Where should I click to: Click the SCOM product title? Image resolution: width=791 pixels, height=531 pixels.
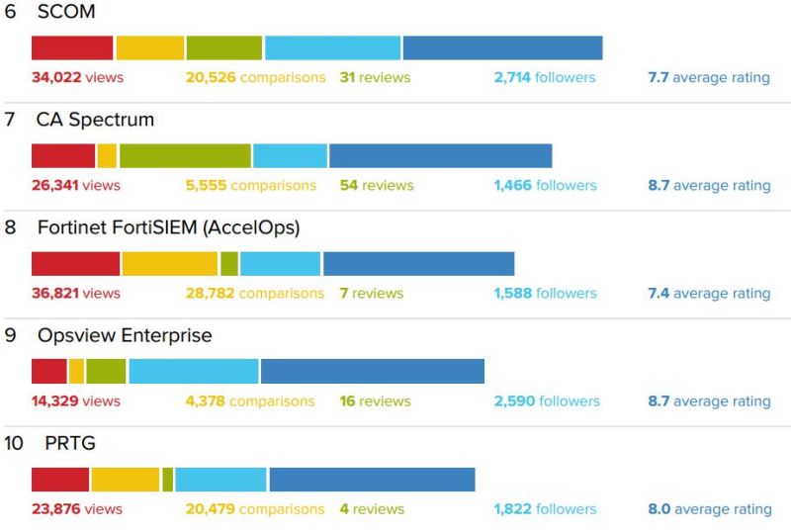(x=65, y=12)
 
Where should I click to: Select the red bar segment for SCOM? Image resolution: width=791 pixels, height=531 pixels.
(x=72, y=47)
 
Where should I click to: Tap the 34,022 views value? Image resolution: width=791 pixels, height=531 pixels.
(x=77, y=77)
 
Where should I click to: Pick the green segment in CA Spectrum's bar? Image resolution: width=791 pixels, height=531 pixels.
(x=185, y=155)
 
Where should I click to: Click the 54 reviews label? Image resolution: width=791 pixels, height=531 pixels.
(x=377, y=185)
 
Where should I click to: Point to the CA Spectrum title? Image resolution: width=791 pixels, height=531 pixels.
(x=95, y=120)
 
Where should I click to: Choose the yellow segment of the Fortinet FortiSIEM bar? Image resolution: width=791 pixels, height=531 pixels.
(x=169, y=263)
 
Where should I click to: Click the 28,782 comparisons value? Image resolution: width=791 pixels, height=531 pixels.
(x=254, y=293)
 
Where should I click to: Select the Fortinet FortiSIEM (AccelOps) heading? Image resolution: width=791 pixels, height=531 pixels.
(x=168, y=227)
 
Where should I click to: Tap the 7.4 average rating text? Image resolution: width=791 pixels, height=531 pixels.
(x=709, y=293)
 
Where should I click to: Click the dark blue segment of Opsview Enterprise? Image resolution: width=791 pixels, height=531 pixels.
(x=372, y=371)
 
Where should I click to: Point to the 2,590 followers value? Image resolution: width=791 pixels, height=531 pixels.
(x=547, y=400)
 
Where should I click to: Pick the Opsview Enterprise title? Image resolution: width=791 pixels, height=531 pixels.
(x=125, y=335)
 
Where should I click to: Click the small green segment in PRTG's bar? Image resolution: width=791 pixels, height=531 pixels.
(x=168, y=479)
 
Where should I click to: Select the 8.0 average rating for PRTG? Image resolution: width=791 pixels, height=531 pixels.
(x=709, y=508)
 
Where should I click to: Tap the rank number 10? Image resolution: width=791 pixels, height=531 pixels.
(x=14, y=443)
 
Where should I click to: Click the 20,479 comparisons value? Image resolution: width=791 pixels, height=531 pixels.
(x=254, y=508)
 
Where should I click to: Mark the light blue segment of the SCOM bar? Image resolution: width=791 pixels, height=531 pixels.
(x=332, y=47)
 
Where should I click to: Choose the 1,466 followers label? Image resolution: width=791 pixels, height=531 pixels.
(x=545, y=185)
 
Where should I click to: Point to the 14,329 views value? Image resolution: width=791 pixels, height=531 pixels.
(x=75, y=400)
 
